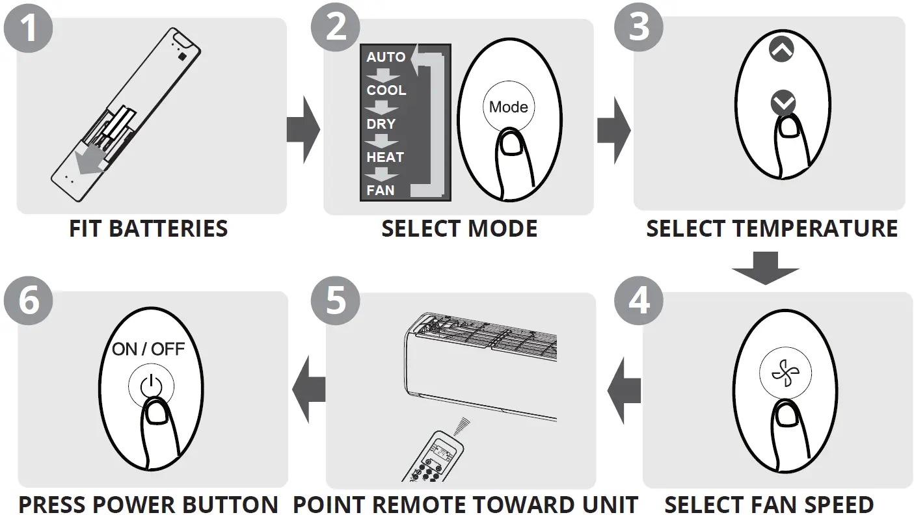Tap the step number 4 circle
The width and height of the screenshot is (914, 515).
point(639,300)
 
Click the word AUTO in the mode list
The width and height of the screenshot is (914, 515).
point(386,57)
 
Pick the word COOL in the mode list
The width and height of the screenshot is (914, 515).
point(386,90)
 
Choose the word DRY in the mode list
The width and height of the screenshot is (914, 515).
point(381,124)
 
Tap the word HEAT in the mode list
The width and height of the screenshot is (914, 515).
point(385,157)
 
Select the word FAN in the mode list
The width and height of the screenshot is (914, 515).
point(381,191)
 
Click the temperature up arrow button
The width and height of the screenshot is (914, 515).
point(781,50)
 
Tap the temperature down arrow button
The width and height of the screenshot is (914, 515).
point(782,102)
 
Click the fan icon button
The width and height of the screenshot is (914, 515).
point(781,378)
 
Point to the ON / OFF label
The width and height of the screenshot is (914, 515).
point(148,349)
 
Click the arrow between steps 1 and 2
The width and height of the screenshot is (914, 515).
point(303,131)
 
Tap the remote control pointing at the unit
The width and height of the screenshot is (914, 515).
point(436,458)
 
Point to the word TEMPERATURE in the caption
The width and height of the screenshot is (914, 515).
point(815,229)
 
